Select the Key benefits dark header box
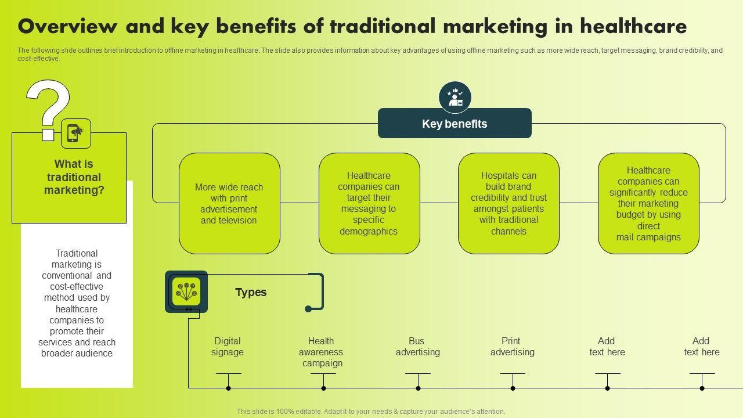click(x=455, y=124)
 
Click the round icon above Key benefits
click(x=455, y=98)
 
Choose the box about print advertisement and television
click(x=229, y=203)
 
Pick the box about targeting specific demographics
click(x=369, y=203)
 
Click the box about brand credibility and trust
click(x=508, y=203)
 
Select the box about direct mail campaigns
click(x=648, y=203)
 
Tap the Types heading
click(x=251, y=292)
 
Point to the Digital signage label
click(x=228, y=347)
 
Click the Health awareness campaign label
click(x=322, y=352)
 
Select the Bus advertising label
click(x=417, y=347)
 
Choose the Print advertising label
click(x=512, y=347)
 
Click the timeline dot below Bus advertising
click(x=418, y=388)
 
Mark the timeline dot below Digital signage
click(x=229, y=388)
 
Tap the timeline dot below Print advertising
click(x=513, y=388)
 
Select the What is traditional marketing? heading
click(x=74, y=177)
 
